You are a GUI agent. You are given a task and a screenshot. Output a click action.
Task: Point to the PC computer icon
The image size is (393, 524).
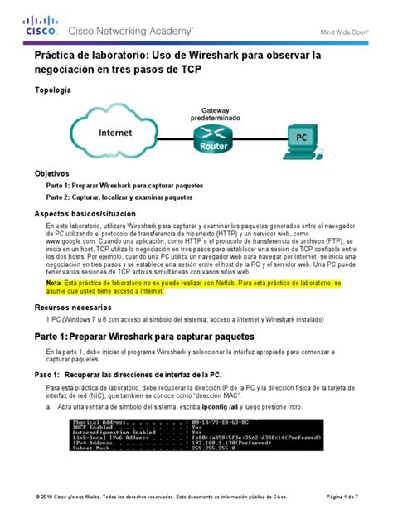304,141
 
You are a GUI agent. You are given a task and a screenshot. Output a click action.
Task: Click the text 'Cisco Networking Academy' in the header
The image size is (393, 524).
131,31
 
